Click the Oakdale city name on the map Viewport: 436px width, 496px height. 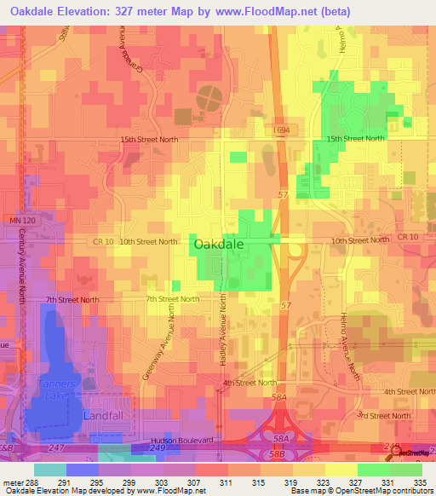(220, 244)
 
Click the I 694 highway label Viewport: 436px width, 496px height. (283, 129)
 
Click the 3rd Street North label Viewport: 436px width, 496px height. (383, 415)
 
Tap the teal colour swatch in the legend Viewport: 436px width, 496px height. (50, 469)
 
